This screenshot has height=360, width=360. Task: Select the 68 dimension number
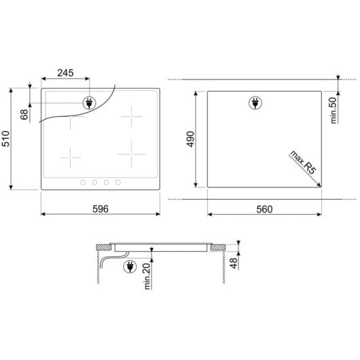point(24,113)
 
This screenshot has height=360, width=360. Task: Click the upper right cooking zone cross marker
point(130,116)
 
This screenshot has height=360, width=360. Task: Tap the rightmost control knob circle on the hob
point(118,181)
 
